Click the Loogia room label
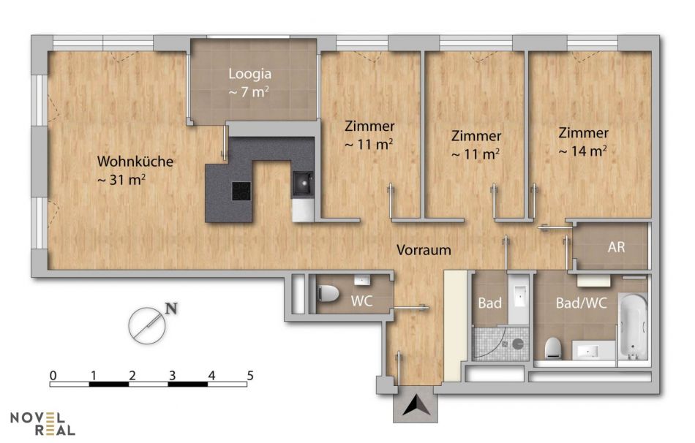pos(250,74)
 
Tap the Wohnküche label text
pos(135,162)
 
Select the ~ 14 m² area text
pos(583,151)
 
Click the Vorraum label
pos(424,250)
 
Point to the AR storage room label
pos(616,247)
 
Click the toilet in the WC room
pos(328,293)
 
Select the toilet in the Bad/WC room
pos(554,348)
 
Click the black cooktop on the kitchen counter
pos(241,191)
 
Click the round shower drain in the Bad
pos(518,344)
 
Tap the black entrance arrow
pos(416,405)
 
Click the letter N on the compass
pos(171,308)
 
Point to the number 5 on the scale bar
pos(250,376)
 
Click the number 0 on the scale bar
pos(53,376)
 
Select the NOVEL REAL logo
pos(42,423)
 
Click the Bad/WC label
pos(581,303)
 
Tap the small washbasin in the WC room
pos(363,280)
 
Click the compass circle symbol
pos(147,325)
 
